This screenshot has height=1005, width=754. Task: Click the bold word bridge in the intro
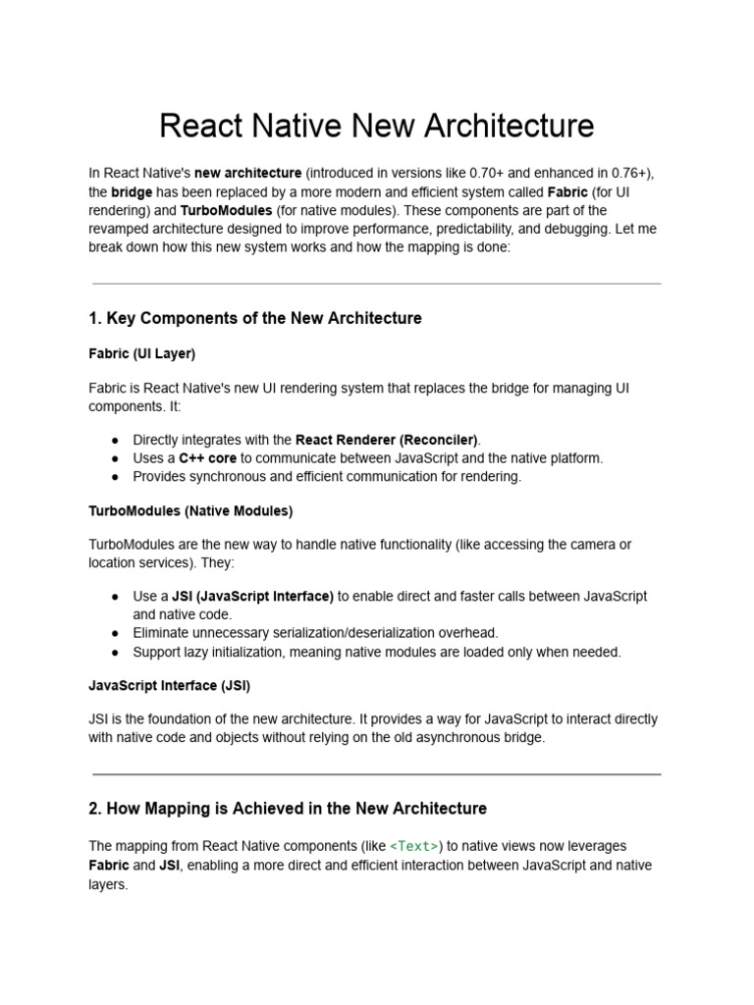[131, 192]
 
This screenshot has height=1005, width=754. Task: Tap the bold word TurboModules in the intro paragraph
[226, 211]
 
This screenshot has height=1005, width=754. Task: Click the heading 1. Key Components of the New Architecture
[255, 318]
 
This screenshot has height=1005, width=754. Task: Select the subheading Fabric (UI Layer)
[142, 353]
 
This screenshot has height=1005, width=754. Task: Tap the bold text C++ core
[207, 458]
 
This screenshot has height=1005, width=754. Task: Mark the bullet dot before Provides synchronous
[116, 477]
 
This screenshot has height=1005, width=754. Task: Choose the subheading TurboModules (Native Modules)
[190, 511]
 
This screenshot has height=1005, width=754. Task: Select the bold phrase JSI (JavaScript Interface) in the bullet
[253, 596]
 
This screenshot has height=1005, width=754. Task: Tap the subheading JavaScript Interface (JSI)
[176, 685]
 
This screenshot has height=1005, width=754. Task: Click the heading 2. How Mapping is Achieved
[288, 809]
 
